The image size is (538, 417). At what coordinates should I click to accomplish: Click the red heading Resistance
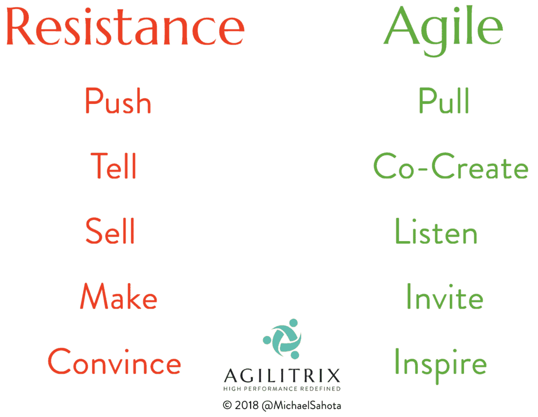click(x=125, y=27)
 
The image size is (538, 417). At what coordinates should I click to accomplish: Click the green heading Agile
click(x=443, y=30)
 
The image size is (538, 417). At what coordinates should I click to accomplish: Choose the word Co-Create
click(x=451, y=166)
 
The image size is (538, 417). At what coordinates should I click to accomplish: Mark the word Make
click(x=118, y=296)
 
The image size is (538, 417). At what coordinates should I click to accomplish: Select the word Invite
click(x=445, y=296)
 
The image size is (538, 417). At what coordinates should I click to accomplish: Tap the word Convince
click(x=114, y=361)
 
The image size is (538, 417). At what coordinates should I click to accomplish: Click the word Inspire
click(x=441, y=364)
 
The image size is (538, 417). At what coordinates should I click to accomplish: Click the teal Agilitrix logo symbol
click(x=282, y=339)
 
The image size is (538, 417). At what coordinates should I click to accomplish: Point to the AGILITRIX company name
click(x=282, y=376)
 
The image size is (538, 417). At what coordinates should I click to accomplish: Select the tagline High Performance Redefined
click(x=282, y=389)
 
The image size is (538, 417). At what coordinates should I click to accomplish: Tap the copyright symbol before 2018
click(x=227, y=405)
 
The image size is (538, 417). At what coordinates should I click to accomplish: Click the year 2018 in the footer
click(x=247, y=405)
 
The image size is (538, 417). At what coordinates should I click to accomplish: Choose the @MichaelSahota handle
click(x=301, y=405)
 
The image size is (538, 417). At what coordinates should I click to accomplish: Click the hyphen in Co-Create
click(x=423, y=168)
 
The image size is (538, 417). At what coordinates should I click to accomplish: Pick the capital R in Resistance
click(x=20, y=26)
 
